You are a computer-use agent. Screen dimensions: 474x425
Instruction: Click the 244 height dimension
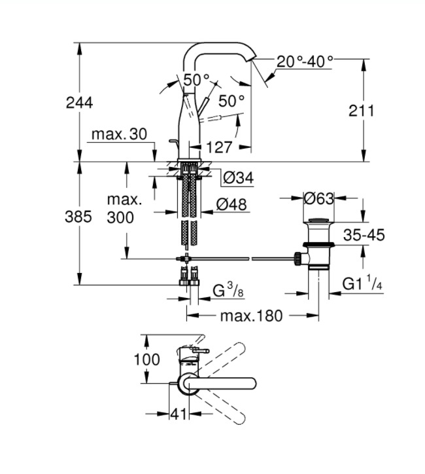(79, 102)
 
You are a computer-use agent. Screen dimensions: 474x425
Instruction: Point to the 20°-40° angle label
(304, 62)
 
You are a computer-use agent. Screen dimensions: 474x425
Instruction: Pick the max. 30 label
(119, 134)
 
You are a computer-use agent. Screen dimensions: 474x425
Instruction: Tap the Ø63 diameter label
(320, 197)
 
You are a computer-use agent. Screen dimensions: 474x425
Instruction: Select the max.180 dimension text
(251, 316)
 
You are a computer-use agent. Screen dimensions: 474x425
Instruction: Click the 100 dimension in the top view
(146, 359)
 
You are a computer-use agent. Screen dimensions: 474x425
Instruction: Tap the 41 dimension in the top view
(178, 414)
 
